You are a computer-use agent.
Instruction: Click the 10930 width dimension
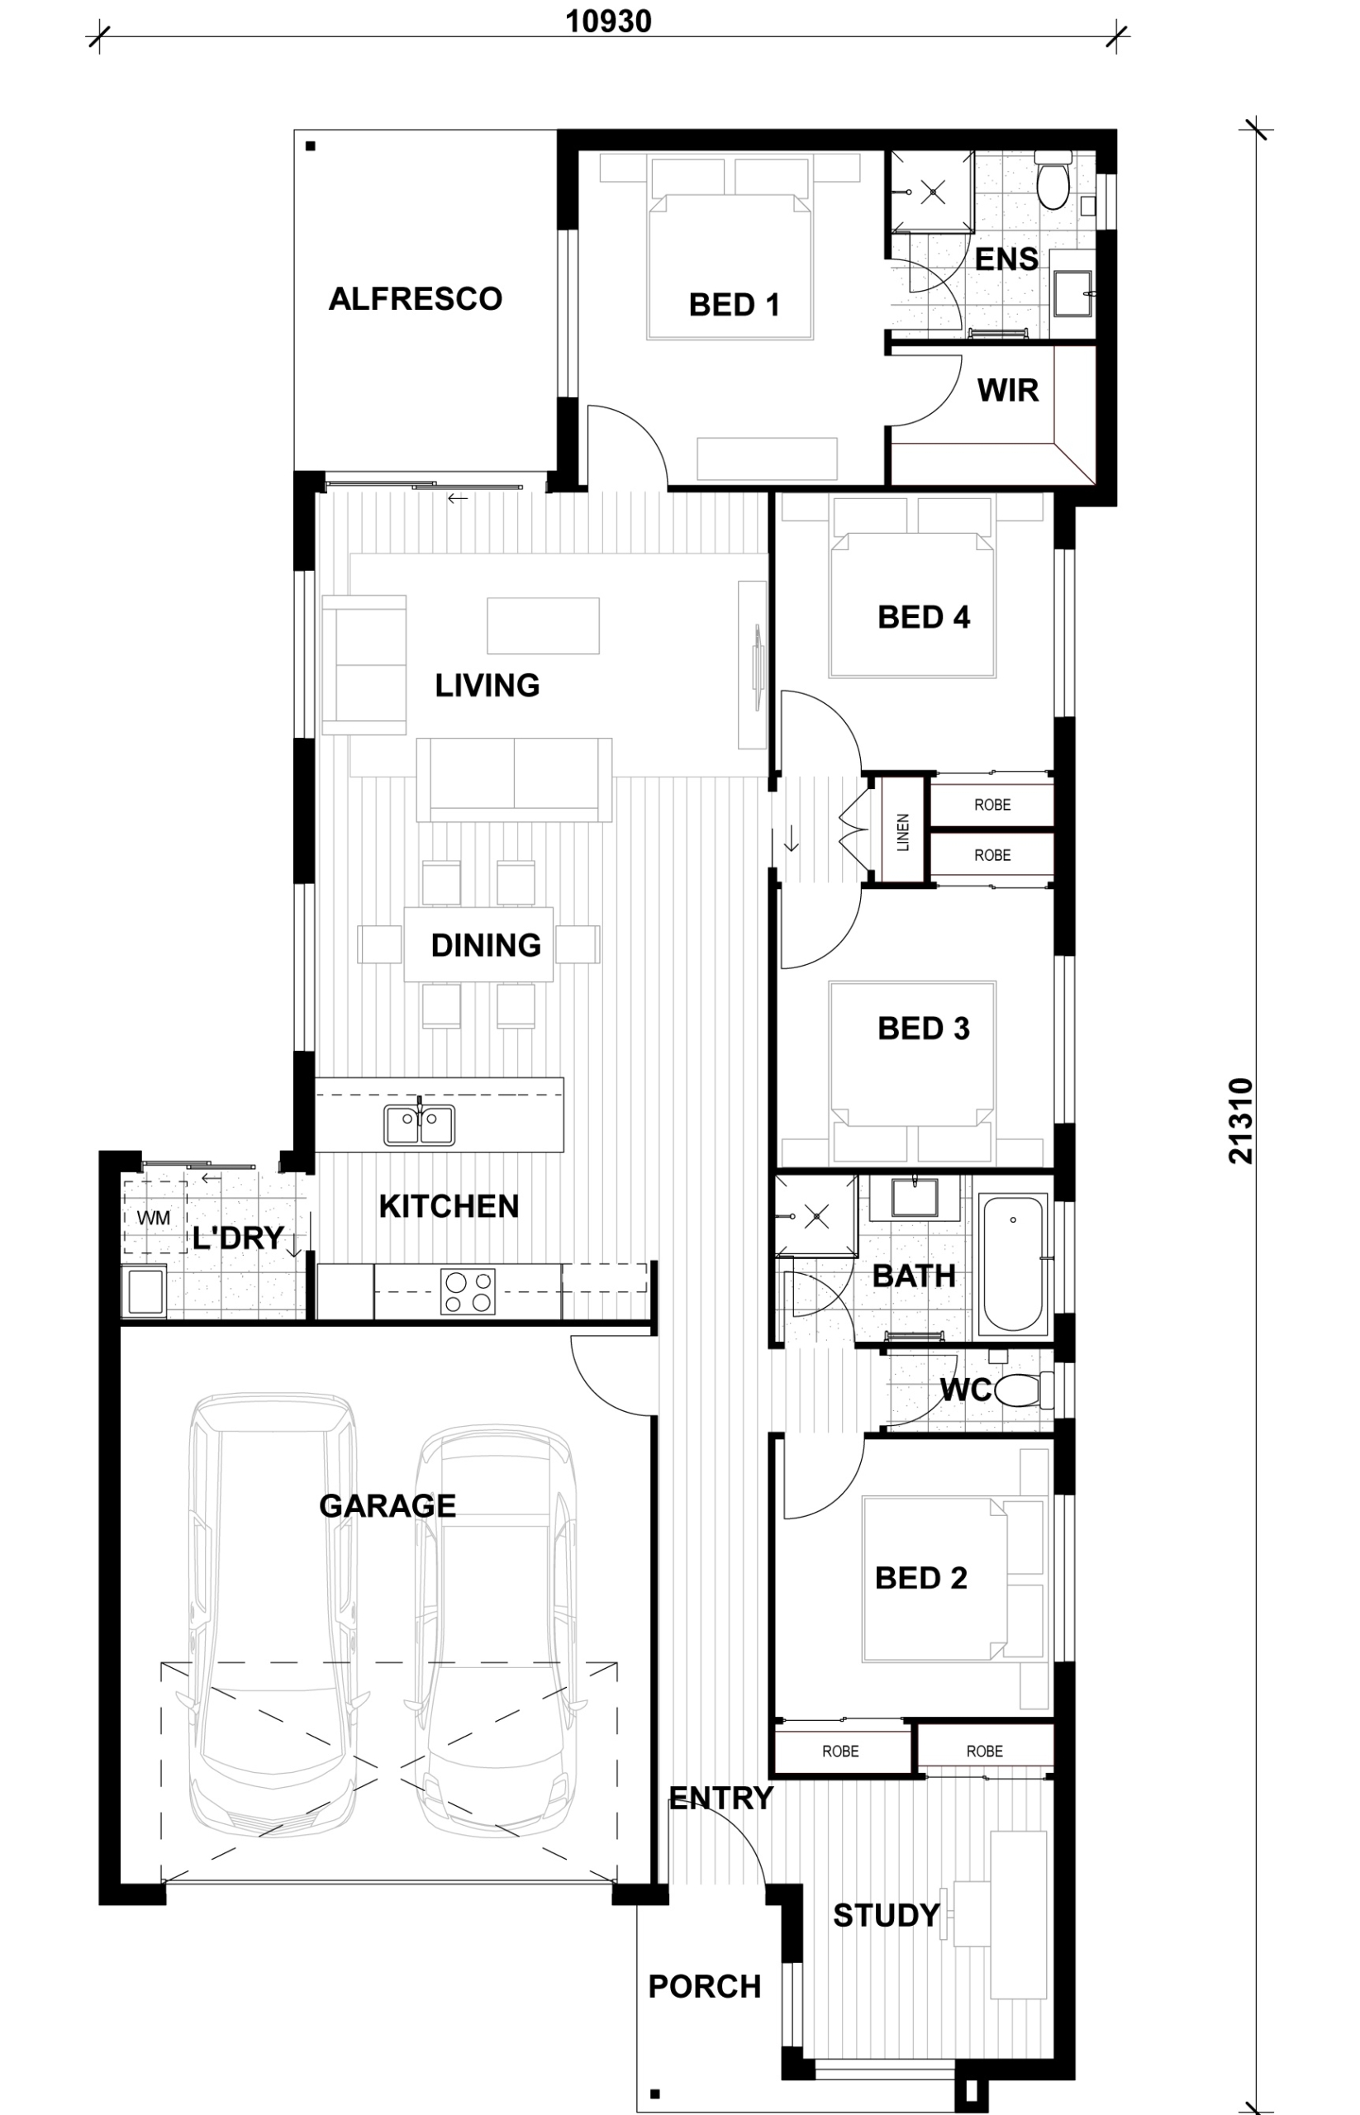[608, 21]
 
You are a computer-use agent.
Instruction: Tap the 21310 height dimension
[1241, 1120]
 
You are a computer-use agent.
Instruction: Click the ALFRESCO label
[415, 299]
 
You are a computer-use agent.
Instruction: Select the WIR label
[1008, 390]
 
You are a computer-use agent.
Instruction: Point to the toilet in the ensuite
[1053, 181]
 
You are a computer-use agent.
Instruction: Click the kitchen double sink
[420, 1125]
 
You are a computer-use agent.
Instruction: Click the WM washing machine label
[154, 1218]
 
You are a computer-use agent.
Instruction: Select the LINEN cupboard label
[902, 832]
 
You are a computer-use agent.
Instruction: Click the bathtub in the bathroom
[1013, 1263]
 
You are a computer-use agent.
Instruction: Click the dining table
[478, 944]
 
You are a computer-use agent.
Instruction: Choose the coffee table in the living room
[543, 625]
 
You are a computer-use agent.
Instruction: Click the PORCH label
[705, 1987]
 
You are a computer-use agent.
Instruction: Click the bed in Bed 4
[912, 587]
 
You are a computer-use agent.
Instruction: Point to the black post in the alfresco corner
[311, 146]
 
